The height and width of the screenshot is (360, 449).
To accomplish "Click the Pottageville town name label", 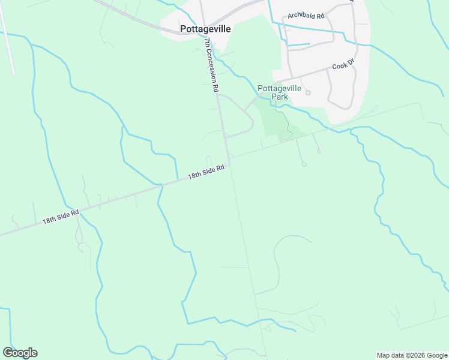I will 205,28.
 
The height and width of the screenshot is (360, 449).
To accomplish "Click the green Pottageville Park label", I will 279,92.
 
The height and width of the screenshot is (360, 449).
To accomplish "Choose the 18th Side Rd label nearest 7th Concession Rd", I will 206,172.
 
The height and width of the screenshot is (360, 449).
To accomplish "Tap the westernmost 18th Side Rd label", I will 60,217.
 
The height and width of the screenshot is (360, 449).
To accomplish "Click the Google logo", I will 20,352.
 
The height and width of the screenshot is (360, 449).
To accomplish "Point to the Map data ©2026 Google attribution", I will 412,355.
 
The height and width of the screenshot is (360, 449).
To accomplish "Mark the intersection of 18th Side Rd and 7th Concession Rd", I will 229,163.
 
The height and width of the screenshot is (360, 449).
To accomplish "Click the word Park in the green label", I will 279,97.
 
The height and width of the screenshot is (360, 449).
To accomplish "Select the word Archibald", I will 301,16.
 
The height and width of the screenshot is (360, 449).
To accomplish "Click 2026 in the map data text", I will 417,355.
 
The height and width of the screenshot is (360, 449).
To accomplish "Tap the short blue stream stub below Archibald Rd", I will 298,44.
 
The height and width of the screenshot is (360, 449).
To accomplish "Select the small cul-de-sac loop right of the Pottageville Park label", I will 308,92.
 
